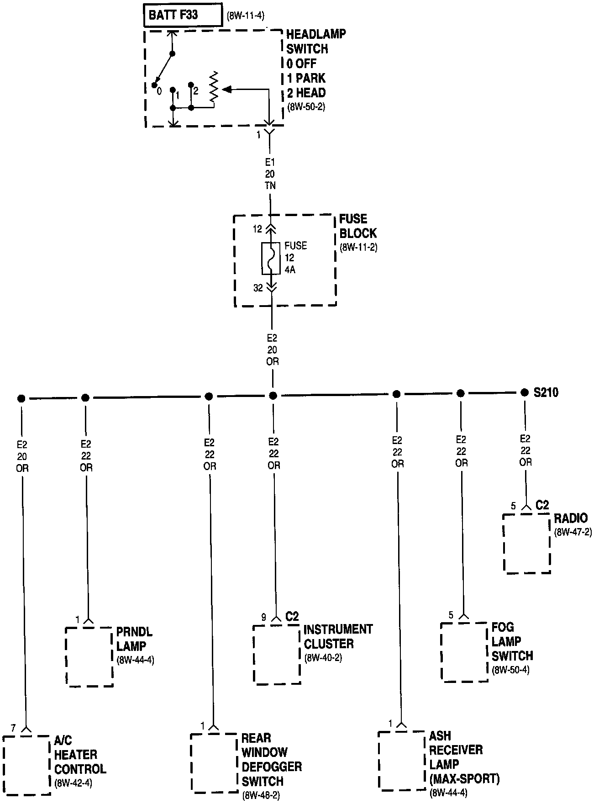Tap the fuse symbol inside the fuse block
pos(270,258)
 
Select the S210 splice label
pos(546,392)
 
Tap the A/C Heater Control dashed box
pos(26,765)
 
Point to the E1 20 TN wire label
pos(270,174)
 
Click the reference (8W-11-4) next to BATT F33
pos(246,16)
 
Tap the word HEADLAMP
pos(316,34)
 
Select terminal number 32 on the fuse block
pos(258,288)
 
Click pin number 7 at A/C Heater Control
pos(13,728)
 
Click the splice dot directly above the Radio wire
pos(525,392)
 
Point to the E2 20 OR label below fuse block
pos(272,350)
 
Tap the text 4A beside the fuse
pos(290,270)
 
